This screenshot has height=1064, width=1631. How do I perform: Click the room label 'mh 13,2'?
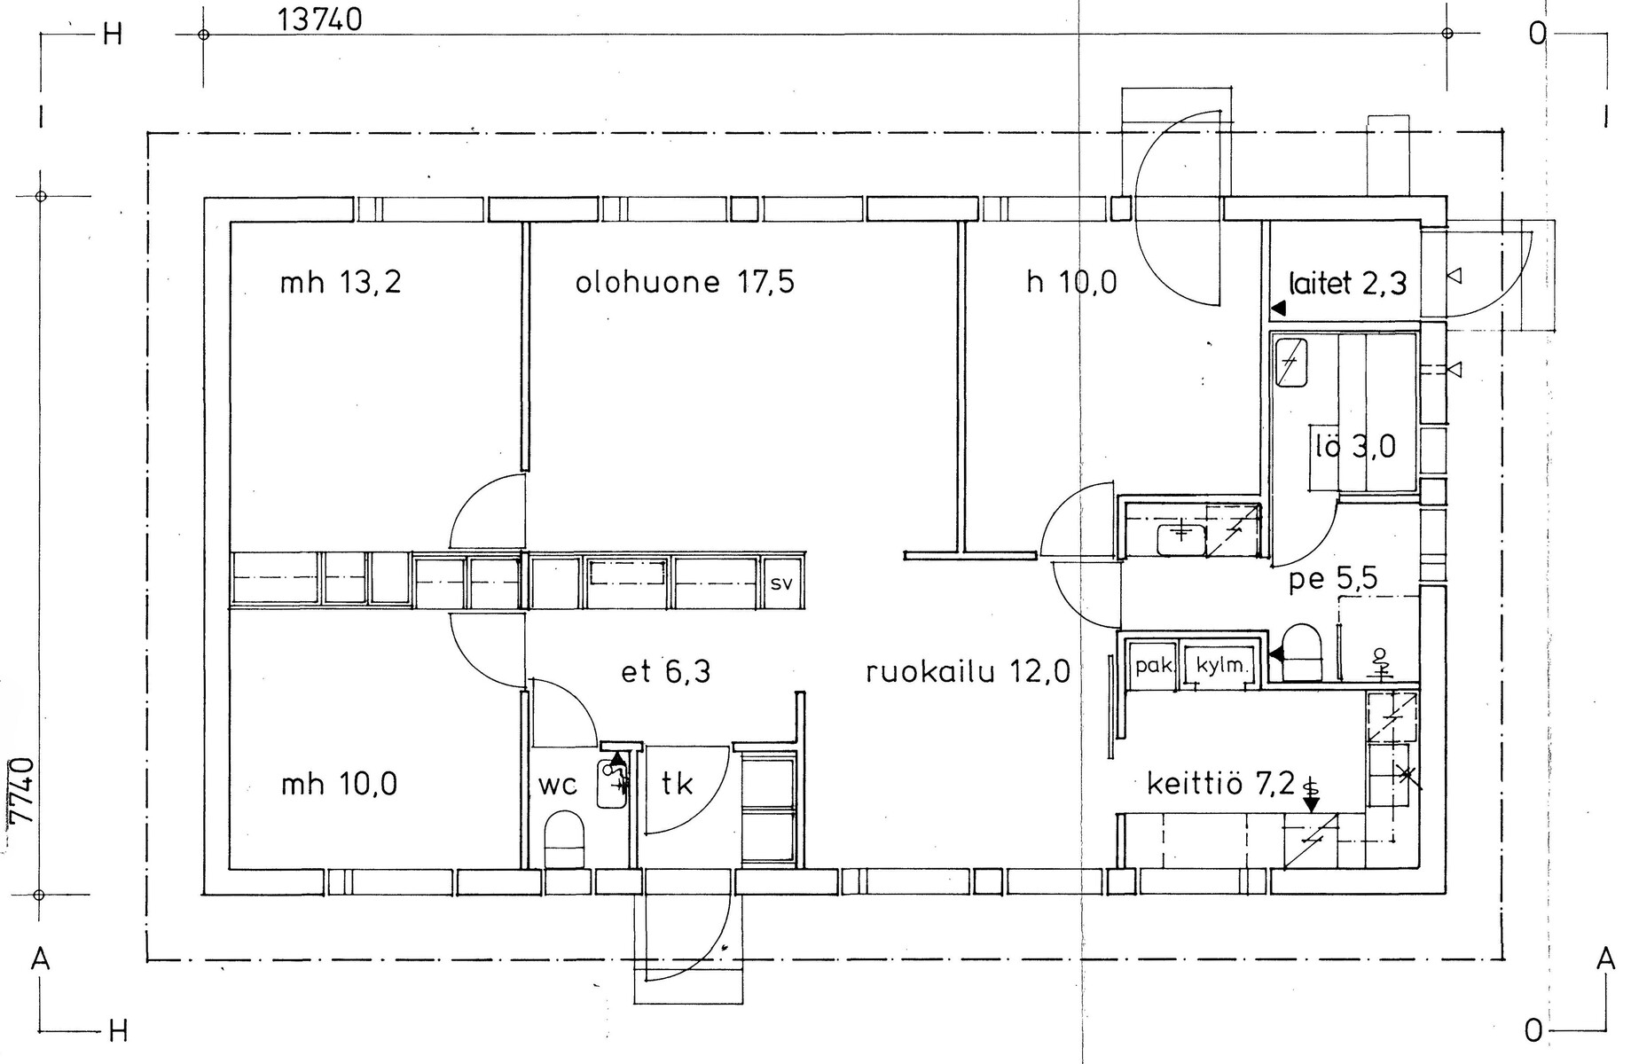click(341, 283)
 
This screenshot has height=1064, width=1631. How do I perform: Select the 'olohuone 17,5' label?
click(685, 283)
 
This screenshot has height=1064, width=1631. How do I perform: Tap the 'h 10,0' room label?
click(1071, 283)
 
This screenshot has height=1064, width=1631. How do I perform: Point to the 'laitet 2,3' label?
click(1348, 283)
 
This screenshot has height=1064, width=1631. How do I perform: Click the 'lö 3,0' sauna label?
click(1355, 446)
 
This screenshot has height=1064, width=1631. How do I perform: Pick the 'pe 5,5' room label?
click(1333, 580)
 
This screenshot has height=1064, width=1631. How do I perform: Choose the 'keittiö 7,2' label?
click(1220, 784)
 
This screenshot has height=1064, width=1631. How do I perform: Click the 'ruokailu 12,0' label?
click(968, 672)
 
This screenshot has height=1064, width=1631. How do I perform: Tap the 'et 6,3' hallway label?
click(665, 672)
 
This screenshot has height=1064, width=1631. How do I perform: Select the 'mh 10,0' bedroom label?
click(339, 784)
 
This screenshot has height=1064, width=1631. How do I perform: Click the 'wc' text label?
click(558, 786)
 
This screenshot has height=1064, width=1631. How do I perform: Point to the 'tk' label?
click(677, 784)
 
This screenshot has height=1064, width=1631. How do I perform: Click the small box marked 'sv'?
click(781, 583)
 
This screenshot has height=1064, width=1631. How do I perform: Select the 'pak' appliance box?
click(1153, 664)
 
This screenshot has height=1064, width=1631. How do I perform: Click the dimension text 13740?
click(320, 19)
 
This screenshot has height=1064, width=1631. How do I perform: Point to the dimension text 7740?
click(20, 791)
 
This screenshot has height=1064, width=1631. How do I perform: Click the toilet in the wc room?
click(564, 838)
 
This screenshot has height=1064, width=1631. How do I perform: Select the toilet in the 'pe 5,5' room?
click(1303, 653)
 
